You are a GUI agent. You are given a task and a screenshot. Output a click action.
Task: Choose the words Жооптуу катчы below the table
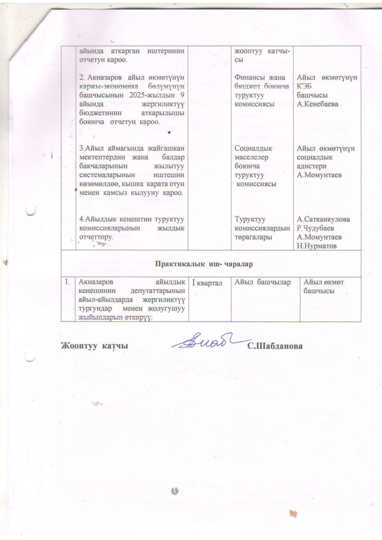pos(94,346)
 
